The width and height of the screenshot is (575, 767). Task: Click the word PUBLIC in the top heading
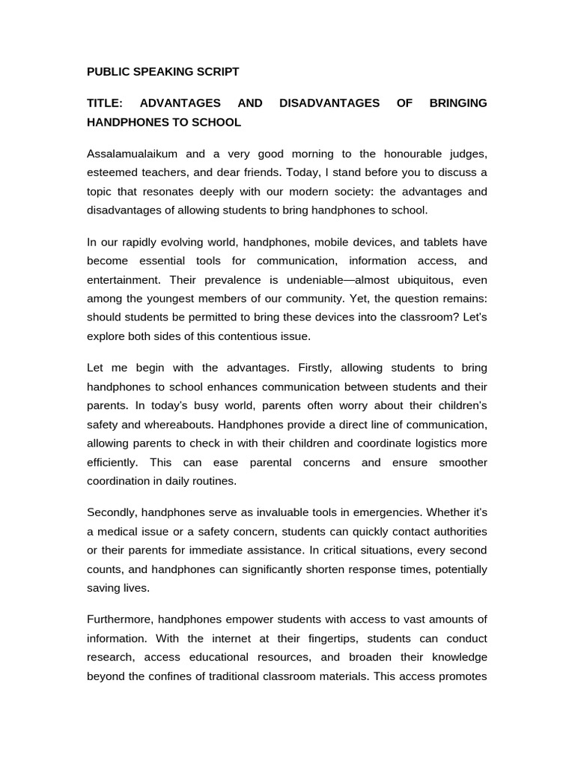tap(107, 72)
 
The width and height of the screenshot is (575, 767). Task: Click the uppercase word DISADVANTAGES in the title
tap(329, 103)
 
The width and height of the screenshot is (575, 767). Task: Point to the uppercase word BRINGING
tap(458, 103)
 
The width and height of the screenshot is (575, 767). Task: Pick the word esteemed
tap(112, 172)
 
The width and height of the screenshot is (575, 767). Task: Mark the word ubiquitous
tap(426, 279)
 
